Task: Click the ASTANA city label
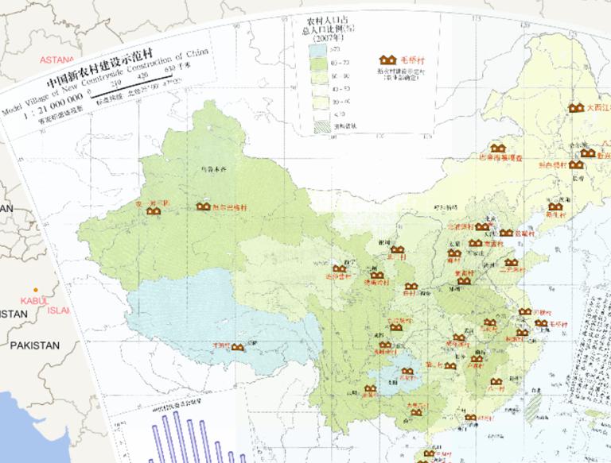[x=56, y=60]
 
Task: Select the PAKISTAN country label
[x=34, y=345]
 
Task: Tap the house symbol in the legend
[x=388, y=60]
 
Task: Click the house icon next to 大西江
[x=575, y=107]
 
